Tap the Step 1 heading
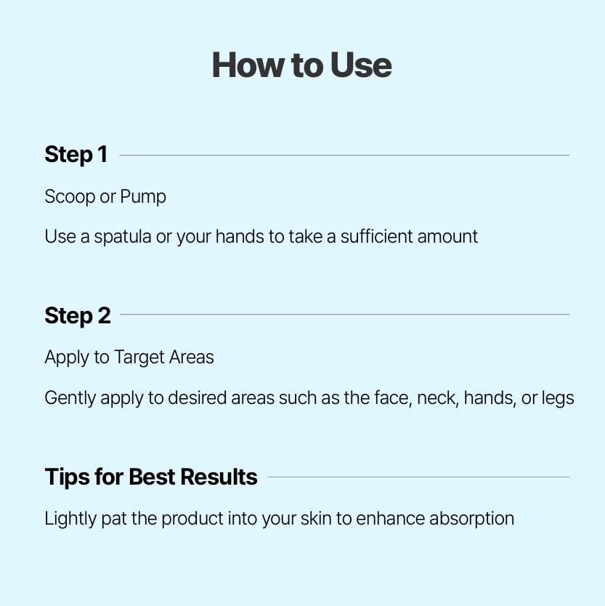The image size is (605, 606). (x=76, y=155)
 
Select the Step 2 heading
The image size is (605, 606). (x=78, y=315)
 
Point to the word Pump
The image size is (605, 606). (x=143, y=198)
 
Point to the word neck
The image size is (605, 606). (x=437, y=398)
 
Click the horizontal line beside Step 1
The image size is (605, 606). (x=344, y=155)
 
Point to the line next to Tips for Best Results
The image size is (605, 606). (x=418, y=477)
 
